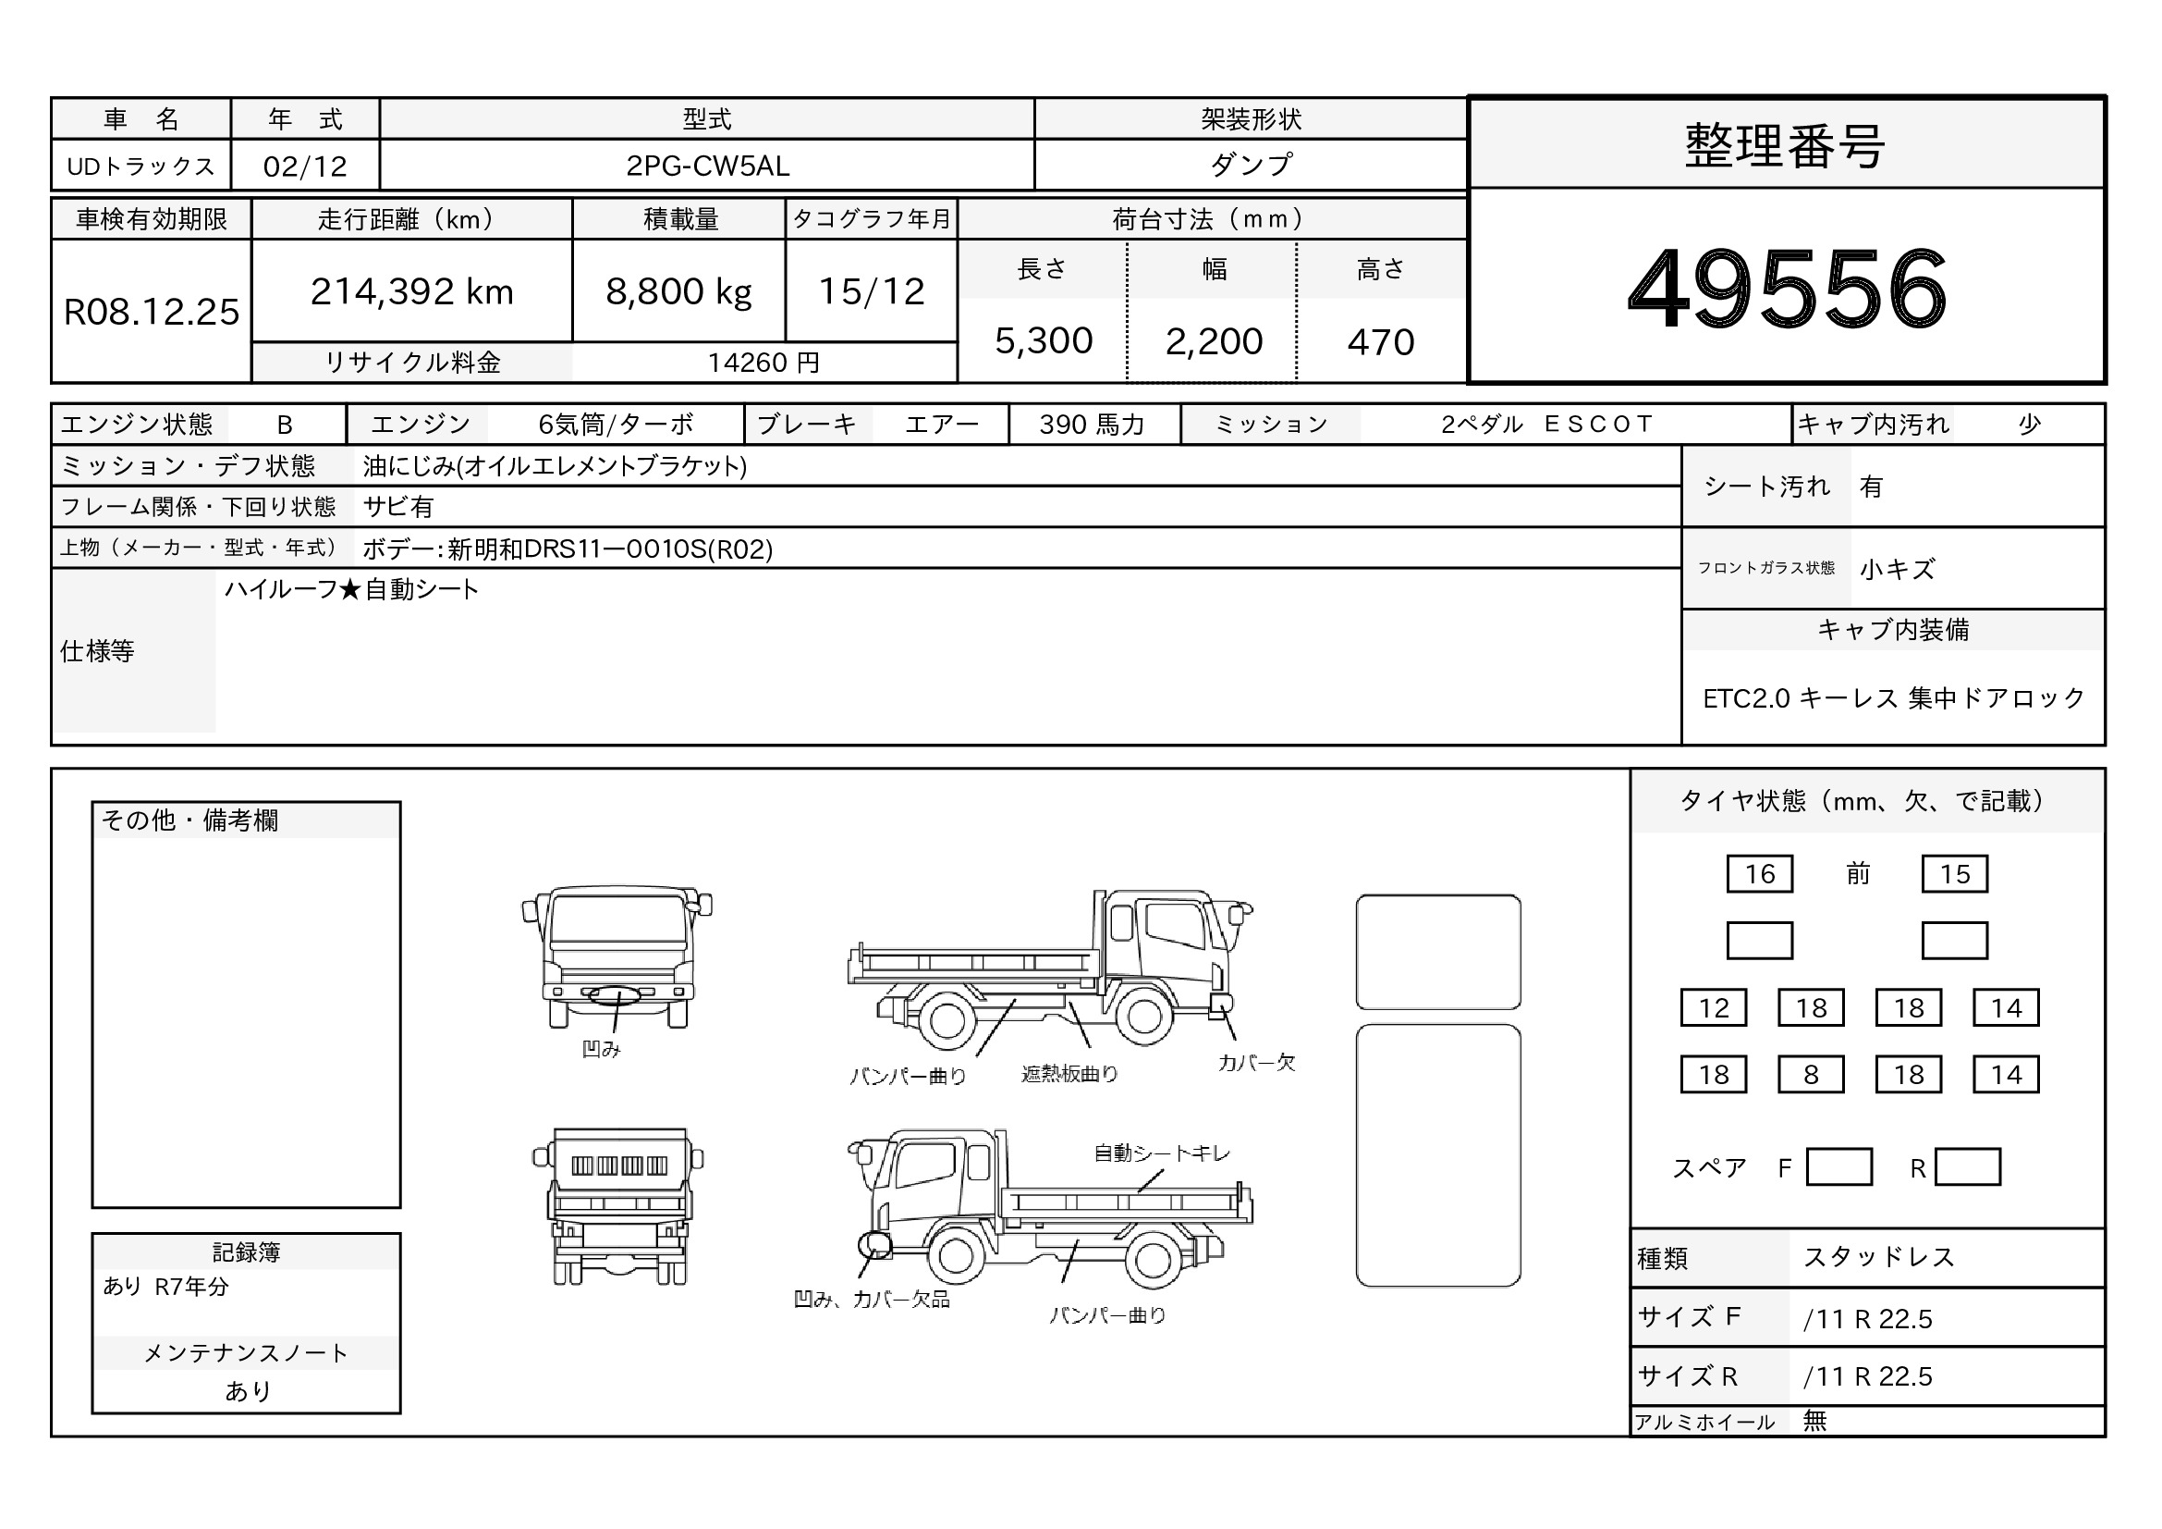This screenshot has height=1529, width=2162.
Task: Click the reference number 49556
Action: [1787, 289]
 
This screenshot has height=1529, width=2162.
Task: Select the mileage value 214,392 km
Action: [411, 291]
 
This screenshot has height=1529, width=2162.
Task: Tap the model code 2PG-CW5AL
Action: [707, 166]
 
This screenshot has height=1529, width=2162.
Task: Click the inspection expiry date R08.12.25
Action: [152, 312]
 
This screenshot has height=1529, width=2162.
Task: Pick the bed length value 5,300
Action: [1044, 341]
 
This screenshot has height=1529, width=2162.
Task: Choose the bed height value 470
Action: [1380, 342]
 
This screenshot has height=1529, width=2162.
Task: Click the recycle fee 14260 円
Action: [763, 363]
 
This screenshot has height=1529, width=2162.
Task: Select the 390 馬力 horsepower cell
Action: [1092, 425]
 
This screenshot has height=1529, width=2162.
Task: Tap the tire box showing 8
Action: [1811, 1074]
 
